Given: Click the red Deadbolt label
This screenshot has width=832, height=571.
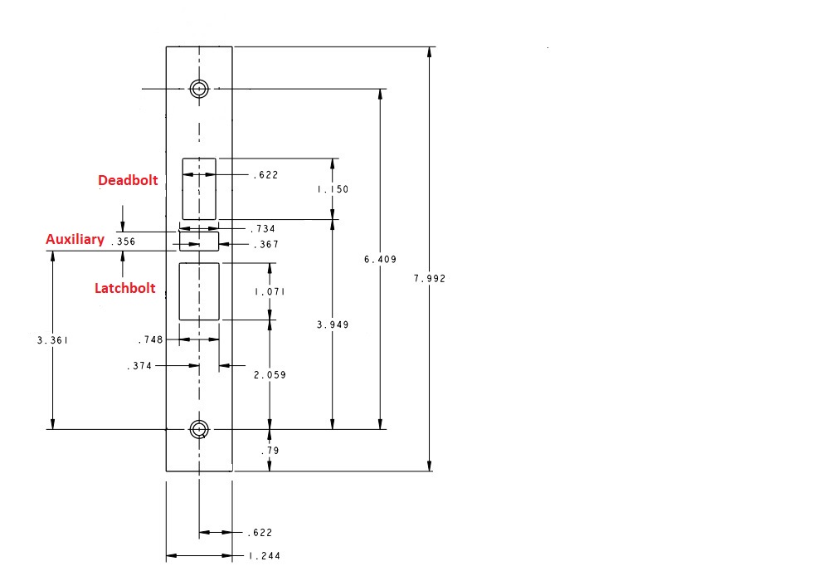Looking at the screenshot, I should click(128, 180).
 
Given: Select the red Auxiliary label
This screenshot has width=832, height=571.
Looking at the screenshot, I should click(75, 240).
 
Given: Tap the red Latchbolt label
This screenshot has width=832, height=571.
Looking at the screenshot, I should click(124, 288).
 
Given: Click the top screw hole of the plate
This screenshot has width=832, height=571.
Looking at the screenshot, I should click(198, 89).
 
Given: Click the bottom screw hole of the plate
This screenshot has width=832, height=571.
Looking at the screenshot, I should click(198, 429).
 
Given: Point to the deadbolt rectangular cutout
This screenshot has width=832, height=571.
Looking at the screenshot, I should click(199, 188).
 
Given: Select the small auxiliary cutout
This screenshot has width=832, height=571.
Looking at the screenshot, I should click(199, 241).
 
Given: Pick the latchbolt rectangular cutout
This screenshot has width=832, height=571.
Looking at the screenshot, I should click(199, 291).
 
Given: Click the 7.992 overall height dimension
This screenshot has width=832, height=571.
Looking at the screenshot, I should click(430, 279).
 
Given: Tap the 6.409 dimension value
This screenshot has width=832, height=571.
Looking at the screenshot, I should click(381, 260).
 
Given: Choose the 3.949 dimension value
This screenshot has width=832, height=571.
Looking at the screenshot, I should click(333, 325).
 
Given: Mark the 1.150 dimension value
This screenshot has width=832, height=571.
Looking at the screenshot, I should click(333, 189).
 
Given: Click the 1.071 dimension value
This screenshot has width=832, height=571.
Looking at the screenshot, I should click(270, 292).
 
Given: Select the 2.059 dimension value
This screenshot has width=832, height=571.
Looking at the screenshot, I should click(270, 375).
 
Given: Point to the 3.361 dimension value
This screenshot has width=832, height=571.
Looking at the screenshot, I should click(53, 339).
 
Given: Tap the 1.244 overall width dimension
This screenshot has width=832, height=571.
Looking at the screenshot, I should click(264, 556).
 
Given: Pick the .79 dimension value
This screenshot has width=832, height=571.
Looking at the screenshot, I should click(270, 451).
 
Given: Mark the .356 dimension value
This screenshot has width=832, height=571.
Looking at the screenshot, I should click(123, 242).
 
